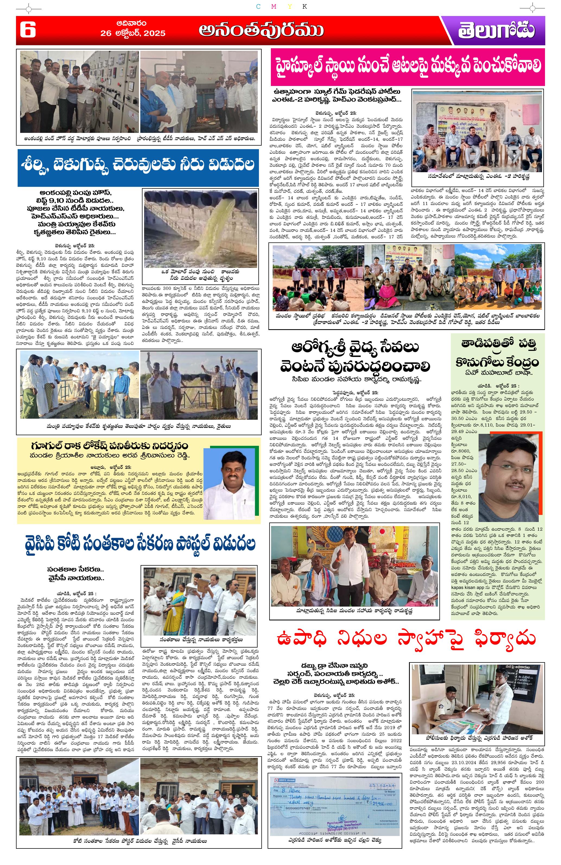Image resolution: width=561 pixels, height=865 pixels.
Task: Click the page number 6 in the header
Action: (28, 30)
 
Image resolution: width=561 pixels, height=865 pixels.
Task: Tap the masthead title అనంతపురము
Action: (261, 30)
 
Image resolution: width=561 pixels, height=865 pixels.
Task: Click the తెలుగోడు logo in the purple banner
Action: (497, 31)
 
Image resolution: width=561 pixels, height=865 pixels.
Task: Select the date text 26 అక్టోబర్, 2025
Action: (133, 33)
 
